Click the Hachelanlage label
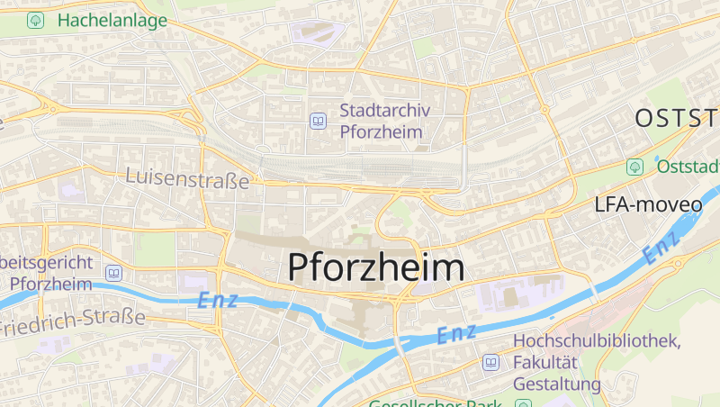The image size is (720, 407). coord(112,20)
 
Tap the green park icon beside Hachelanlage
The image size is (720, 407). coord(35,20)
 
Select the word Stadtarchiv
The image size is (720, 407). coord(385,111)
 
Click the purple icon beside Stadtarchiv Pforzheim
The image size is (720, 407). coord(318,121)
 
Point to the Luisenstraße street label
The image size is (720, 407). coord(187,179)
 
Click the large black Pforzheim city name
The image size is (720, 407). coord(376,267)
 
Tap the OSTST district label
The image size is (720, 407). coord(677,118)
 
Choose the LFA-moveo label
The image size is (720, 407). coord(648,204)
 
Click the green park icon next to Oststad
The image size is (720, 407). coord(634,167)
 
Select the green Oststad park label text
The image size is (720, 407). coord(688,167)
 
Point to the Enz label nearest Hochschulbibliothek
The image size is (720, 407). coord(456,334)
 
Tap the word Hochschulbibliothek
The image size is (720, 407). coord(597,341)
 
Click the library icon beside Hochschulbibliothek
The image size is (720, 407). coord(490,362)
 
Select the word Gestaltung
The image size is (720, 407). coord(556,384)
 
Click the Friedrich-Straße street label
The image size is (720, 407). coord(72,319)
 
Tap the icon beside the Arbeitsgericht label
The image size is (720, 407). coord(113,273)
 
